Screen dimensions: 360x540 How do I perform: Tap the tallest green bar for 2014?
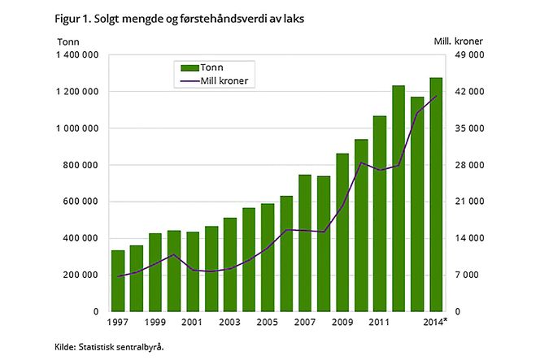click(x=436, y=195)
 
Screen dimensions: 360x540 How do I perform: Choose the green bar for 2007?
click(x=305, y=243)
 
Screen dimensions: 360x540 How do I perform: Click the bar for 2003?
click(x=230, y=264)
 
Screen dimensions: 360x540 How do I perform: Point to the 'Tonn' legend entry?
click(x=207, y=67)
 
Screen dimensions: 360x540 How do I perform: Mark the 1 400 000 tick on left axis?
click(x=78, y=55)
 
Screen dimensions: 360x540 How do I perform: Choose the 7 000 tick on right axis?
click(x=469, y=275)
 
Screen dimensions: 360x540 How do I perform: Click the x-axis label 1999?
click(x=155, y=323)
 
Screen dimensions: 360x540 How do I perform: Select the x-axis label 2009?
click(x=342, y=323)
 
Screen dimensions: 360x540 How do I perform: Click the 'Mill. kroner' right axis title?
click(x=481, y=40)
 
